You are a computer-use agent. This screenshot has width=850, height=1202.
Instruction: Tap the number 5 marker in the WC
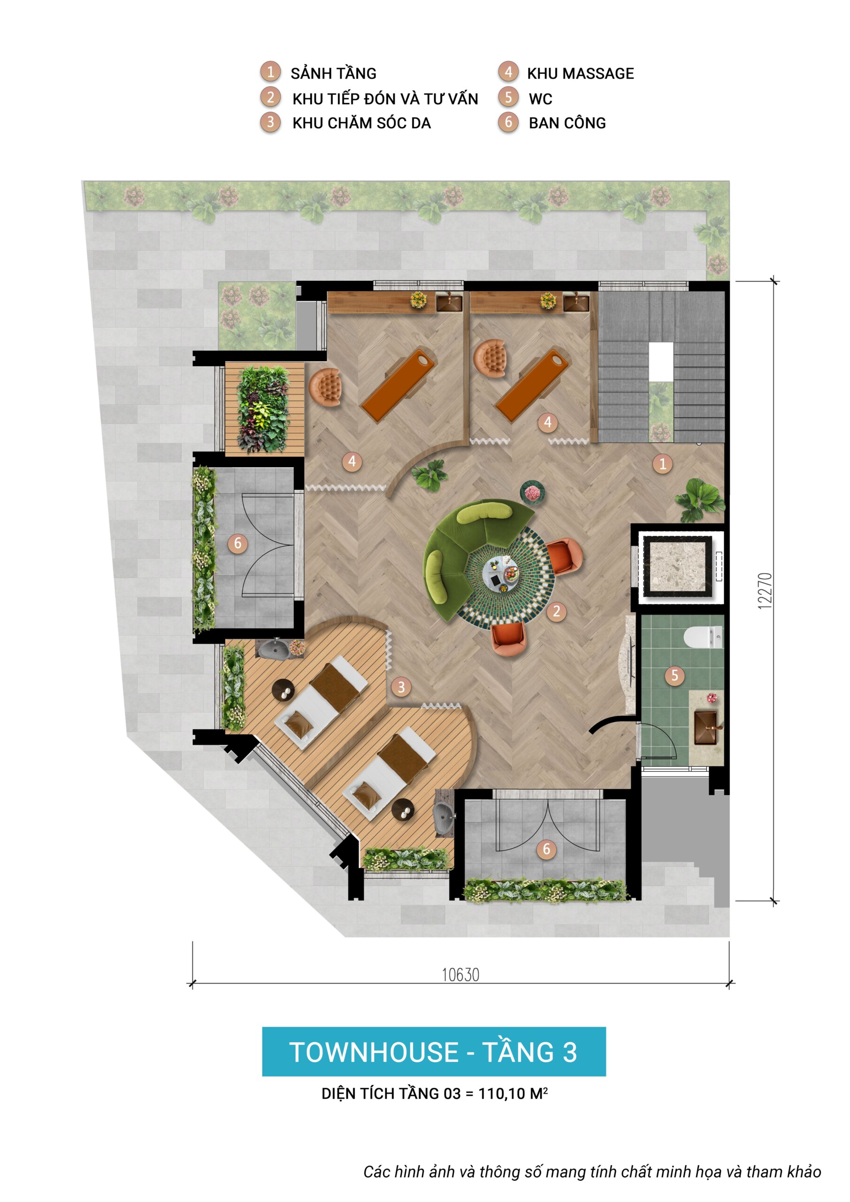pos(674,675)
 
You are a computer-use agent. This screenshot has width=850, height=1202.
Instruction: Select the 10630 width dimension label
pos(460,975)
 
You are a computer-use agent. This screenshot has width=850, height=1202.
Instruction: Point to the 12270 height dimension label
pos(765,591)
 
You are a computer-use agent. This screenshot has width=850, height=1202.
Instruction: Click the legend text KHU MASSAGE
pos(580,74)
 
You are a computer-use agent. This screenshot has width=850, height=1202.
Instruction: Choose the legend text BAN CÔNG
pos(567,123)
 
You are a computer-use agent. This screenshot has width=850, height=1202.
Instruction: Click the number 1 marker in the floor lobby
pos(662,463)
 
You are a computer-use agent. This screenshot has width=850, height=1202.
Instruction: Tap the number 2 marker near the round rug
pos(556,611)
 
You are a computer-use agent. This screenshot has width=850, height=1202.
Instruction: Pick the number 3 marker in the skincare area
pos(401,687)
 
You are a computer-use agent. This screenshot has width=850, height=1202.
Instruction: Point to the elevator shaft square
pos(678,566)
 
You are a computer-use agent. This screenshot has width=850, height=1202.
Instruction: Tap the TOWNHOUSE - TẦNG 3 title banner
pos(433,1052)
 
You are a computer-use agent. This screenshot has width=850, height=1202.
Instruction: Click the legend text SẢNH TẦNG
pos(333,73)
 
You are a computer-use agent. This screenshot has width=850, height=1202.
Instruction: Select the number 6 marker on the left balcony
pos(237,543)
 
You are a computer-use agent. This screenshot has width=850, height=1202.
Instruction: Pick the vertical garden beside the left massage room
pos(263,409)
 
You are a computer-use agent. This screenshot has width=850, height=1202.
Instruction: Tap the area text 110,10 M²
pos(513,1094)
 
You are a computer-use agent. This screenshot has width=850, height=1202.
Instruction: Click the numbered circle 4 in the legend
pos(508,72)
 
